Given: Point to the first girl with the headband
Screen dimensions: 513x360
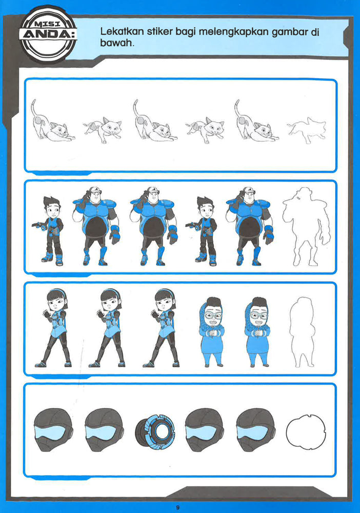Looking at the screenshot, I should [54, 327].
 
